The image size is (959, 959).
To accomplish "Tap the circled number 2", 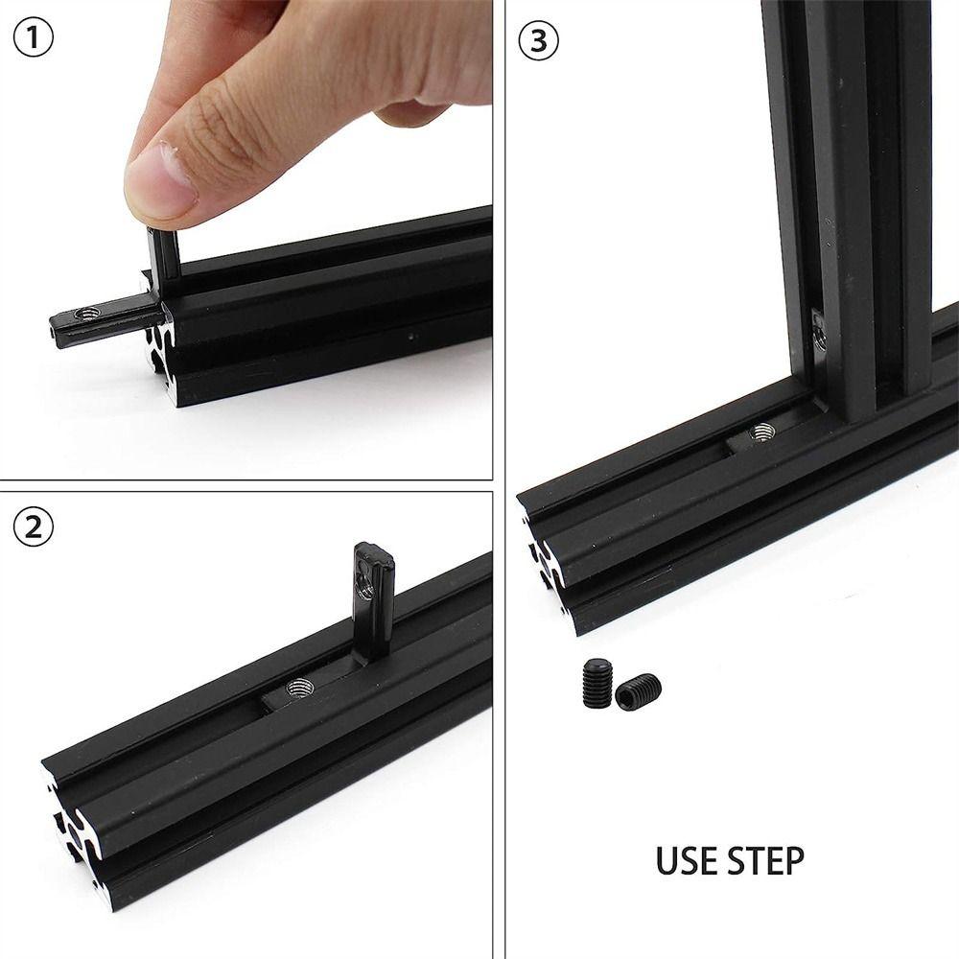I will [x=34, y=527].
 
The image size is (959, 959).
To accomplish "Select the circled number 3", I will [x=537, y=40].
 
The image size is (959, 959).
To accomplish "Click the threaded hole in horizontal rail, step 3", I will [x=763, y=433].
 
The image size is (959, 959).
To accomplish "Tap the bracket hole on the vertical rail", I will [x=819, y=333].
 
